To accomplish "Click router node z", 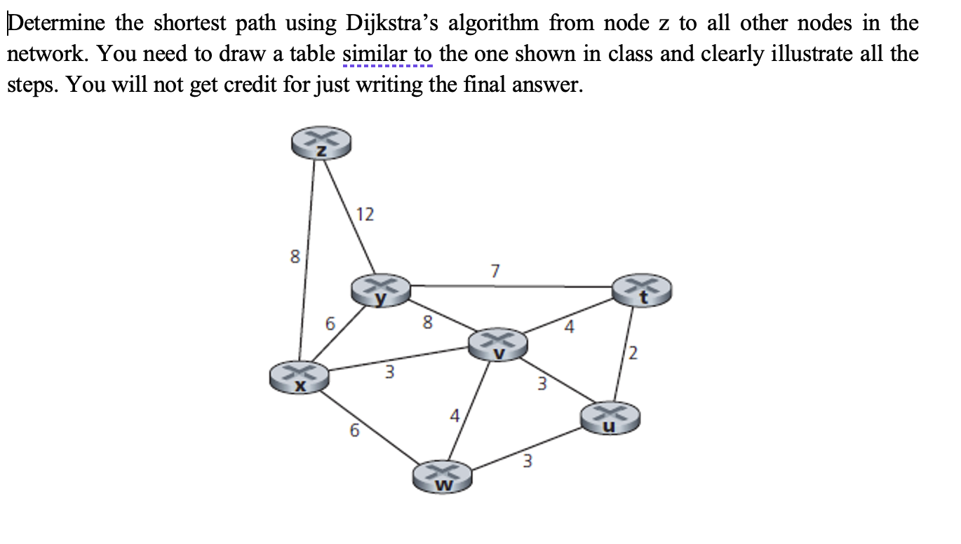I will (x=321, y=145).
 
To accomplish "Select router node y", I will (x=381, y=291).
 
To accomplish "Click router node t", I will (x=642, y=291).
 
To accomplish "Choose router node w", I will (x=443, y=475).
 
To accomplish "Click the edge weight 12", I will (x=365, y=215).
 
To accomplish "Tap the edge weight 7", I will (x=495, y=271).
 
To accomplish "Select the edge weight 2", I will (x=634, y=355).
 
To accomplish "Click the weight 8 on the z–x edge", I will (x=295, y=257).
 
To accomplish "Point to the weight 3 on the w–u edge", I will (x=528, y=461).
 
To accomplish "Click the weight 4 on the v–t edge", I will (x=569, y=327).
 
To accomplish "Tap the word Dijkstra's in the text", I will (x=392, y=23).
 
